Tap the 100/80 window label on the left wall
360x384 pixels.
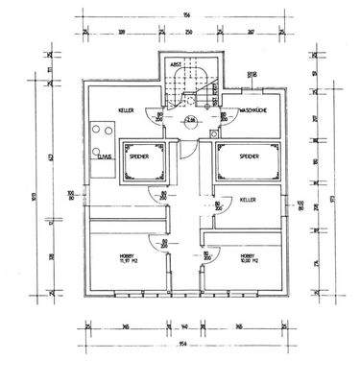(70, 199)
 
